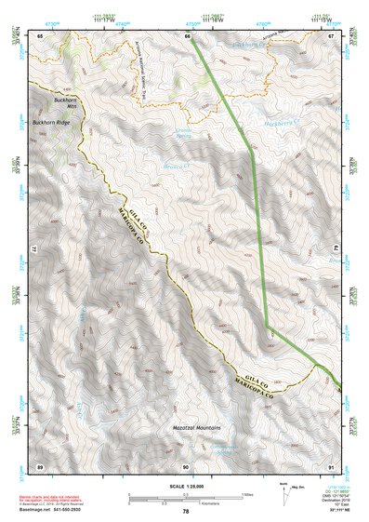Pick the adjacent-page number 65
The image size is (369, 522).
point(40,34)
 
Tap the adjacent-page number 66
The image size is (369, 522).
point(187,34)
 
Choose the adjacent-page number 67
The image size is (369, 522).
point(332,34)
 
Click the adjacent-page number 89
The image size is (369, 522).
point(40,465)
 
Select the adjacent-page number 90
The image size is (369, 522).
point(186,465)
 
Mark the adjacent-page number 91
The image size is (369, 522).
point(332,465)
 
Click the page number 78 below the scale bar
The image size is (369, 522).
point(186,511)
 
